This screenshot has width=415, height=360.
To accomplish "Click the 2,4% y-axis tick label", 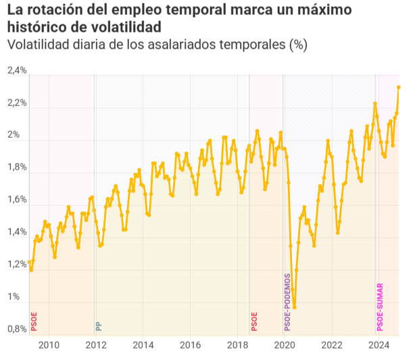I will [17, 71].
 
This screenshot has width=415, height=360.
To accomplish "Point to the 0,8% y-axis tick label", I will [17, 330].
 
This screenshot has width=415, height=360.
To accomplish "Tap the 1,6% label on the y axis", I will [17, 201].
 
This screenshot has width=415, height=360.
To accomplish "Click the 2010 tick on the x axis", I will [49, 346].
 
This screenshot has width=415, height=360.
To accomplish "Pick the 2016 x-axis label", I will [191, 346].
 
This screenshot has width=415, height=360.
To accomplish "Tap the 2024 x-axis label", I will [380, 346].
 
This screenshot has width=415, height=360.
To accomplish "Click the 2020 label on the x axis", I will [285, 346].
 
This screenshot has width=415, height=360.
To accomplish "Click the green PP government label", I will [99, 326].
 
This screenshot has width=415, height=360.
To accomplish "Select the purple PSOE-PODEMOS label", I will [287, 302].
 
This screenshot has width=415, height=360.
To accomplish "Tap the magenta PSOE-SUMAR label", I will [380, 307].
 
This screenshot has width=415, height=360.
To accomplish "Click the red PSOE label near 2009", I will [34, 321].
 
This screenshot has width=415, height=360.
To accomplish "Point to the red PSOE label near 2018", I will [254, 321].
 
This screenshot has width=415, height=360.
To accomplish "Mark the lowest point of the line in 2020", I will [295, 307].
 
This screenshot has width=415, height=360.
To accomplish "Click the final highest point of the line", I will [399, 87].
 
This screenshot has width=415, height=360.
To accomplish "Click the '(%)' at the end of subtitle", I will [297, 45].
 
